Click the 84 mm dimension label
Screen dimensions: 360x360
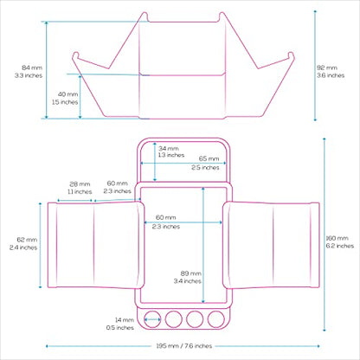[32, 67]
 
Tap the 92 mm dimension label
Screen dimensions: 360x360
[327, 67]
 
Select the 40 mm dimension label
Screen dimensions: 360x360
[67, 94]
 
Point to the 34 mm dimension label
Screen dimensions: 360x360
[169, 149]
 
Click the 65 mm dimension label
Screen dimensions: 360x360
[209, 158]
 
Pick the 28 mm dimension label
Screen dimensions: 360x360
[80, 184]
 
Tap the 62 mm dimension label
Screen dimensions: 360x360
[27, 240]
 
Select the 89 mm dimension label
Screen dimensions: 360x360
[191, 273]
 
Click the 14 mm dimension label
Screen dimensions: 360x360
[125, 320]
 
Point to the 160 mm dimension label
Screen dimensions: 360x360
[337, 238]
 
